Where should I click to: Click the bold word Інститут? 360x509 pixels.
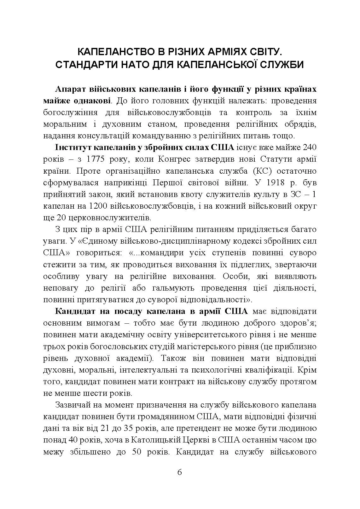click(x=71, y=147)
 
